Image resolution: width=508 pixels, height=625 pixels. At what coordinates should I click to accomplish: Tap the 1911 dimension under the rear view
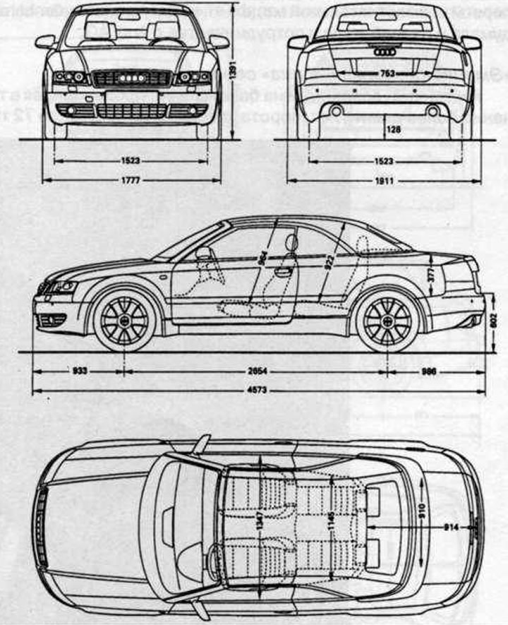pyautogui.click(x=385, y=181)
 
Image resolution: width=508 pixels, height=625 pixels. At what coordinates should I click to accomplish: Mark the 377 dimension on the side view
pyautogui.click(x=431, y=274)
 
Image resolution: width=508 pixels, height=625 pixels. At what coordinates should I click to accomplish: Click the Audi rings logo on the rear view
pyautogui.click(x=385, y=52)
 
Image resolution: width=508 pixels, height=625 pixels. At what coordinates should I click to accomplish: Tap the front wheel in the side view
pyautogui.click(x=124, y=321)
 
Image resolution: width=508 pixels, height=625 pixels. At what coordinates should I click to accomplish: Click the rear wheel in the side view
pyautogui.click(x=387, y=321)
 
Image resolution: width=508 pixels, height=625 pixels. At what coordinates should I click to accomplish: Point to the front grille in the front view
pyautogui.click(x=131, y=78)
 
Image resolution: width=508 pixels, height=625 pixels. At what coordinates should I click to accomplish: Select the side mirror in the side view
pyautogui.click(x=203, y=253)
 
